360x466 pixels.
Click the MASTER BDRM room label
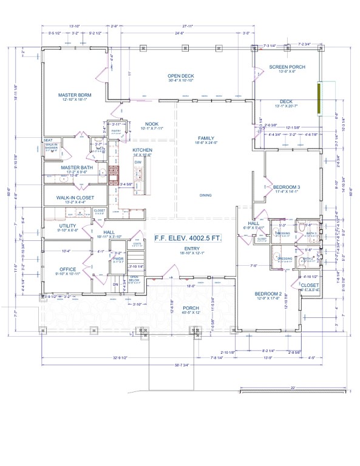(x=75, y=95)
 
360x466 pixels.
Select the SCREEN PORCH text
(x=287, y=67)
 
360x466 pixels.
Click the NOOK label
(x=135, y=124)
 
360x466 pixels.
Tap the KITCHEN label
(x=142, y=150)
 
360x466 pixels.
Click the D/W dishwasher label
(x=138, y=163)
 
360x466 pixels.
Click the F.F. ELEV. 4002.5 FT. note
(x=187, y=239)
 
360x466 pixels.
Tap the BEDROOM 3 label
(x=287, y=187)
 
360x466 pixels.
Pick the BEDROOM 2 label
(x=267, y=294)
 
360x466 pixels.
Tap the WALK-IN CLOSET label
(x=67, y=198)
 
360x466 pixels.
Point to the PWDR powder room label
(x=118, y=258)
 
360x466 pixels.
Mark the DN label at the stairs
(x=116, y=283)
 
